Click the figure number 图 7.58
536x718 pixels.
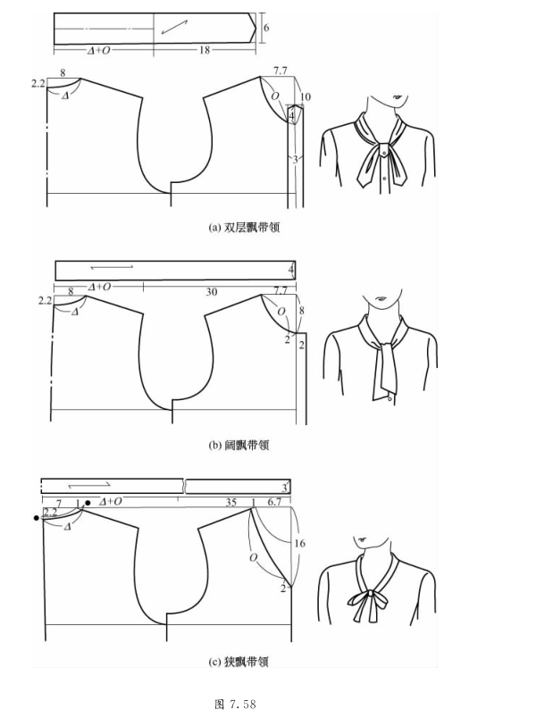click(x=235, y=704)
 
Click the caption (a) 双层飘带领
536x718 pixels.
click(x=244, y=227)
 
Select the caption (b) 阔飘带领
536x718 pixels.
click(x=239, y=445)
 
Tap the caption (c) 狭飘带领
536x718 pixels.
click(x=239, y=662)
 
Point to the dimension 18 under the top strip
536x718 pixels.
click(x=204, y=50)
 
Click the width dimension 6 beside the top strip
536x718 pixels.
click(x=266, y=28)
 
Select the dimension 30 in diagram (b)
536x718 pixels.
click(x=211, y=292)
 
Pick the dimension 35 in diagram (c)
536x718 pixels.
click(x=230, y=502)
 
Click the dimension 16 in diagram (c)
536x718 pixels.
click(x=299, y=543)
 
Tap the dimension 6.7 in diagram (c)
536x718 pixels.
click(x=274, y=502)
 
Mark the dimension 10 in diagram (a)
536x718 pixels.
click(x=306, y=96)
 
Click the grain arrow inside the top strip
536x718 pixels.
click(x=174, y=27)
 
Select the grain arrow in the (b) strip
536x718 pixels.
click(x=112, y=266)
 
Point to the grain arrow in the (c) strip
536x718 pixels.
click(x=89, y=484)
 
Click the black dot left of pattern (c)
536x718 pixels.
click(x=37, y=518)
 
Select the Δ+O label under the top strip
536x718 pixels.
click(x=99, y=50)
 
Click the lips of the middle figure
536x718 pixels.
click(x=381, y=299)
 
